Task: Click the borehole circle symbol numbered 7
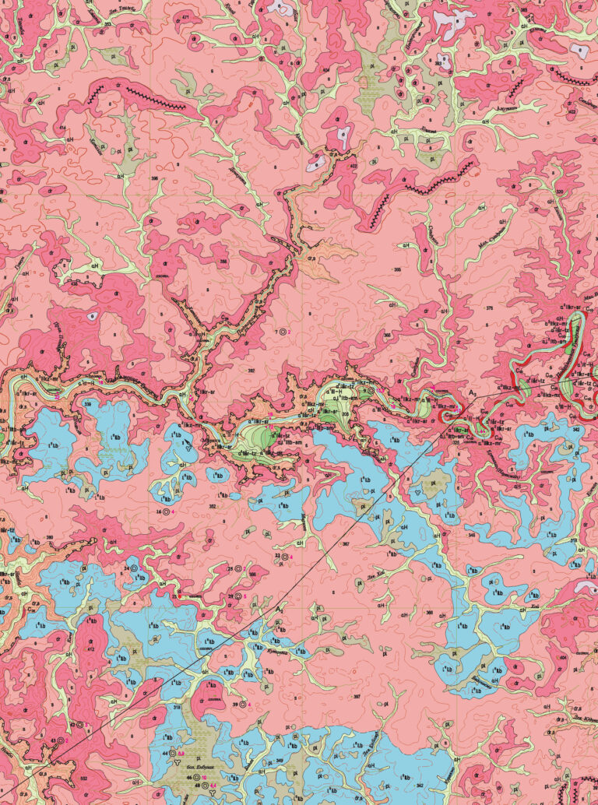tap(283, 332)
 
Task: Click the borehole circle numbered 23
tap(284, 557)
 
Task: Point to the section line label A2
tap(280, 608)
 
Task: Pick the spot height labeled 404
tap(565, 657)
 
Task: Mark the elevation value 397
tap(357, 695)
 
